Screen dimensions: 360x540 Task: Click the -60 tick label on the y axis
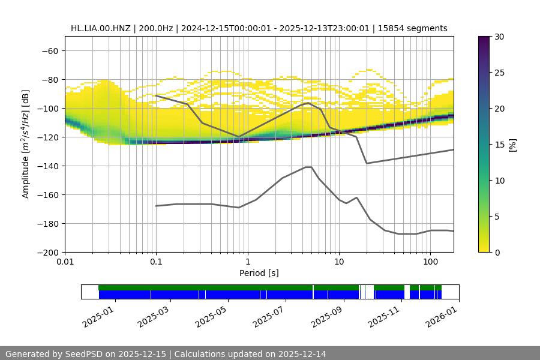tap(49, 50)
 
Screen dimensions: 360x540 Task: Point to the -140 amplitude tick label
tap(47, 166)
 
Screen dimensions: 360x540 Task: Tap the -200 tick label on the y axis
tap(47, 252)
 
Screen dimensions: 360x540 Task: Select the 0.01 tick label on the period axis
tap(65, 262)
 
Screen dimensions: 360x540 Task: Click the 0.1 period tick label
tap(156, 262)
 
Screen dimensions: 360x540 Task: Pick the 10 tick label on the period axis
tap(338, 262)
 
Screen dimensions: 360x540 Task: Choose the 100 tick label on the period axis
tap(430, 262)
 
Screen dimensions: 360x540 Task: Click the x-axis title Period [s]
tap(259, 273)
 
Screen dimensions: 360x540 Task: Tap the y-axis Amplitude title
tap(26, 144)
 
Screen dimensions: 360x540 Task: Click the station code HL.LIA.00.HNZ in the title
tap(100, 28)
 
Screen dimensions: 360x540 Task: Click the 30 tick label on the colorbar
tap(499, 37)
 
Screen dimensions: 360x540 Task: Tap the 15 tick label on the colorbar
tap(499, 145)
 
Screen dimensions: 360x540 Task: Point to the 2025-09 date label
tap(326, 315)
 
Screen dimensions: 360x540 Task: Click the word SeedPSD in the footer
tap(83, 354)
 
